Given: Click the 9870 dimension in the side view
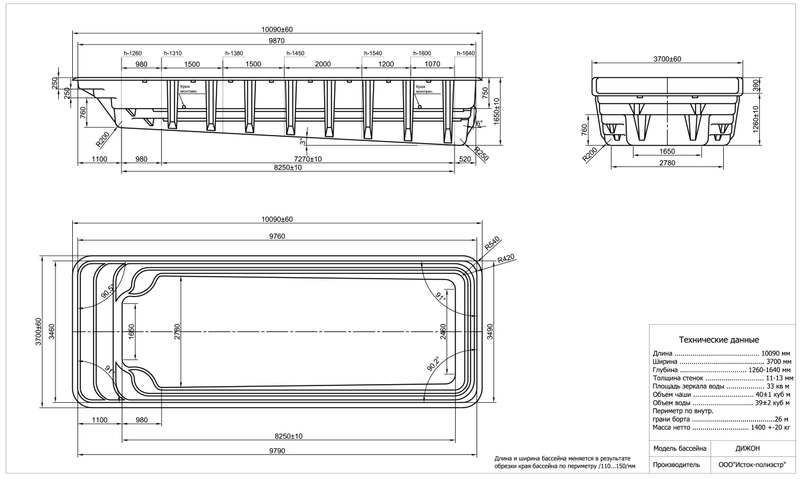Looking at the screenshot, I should click(277, 41).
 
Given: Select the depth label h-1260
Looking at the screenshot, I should click(134, 53).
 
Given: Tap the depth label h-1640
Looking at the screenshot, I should click(466, 53).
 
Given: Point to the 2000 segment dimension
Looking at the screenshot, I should click(322, 64).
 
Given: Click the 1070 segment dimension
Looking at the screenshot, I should click(432, 64).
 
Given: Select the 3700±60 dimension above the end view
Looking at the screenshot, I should click(666, 59).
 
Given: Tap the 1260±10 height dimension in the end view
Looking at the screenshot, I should click(756, 120).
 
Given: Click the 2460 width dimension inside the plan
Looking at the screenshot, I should click(442, 332).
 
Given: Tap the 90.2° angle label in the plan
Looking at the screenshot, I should click(435, 365).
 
